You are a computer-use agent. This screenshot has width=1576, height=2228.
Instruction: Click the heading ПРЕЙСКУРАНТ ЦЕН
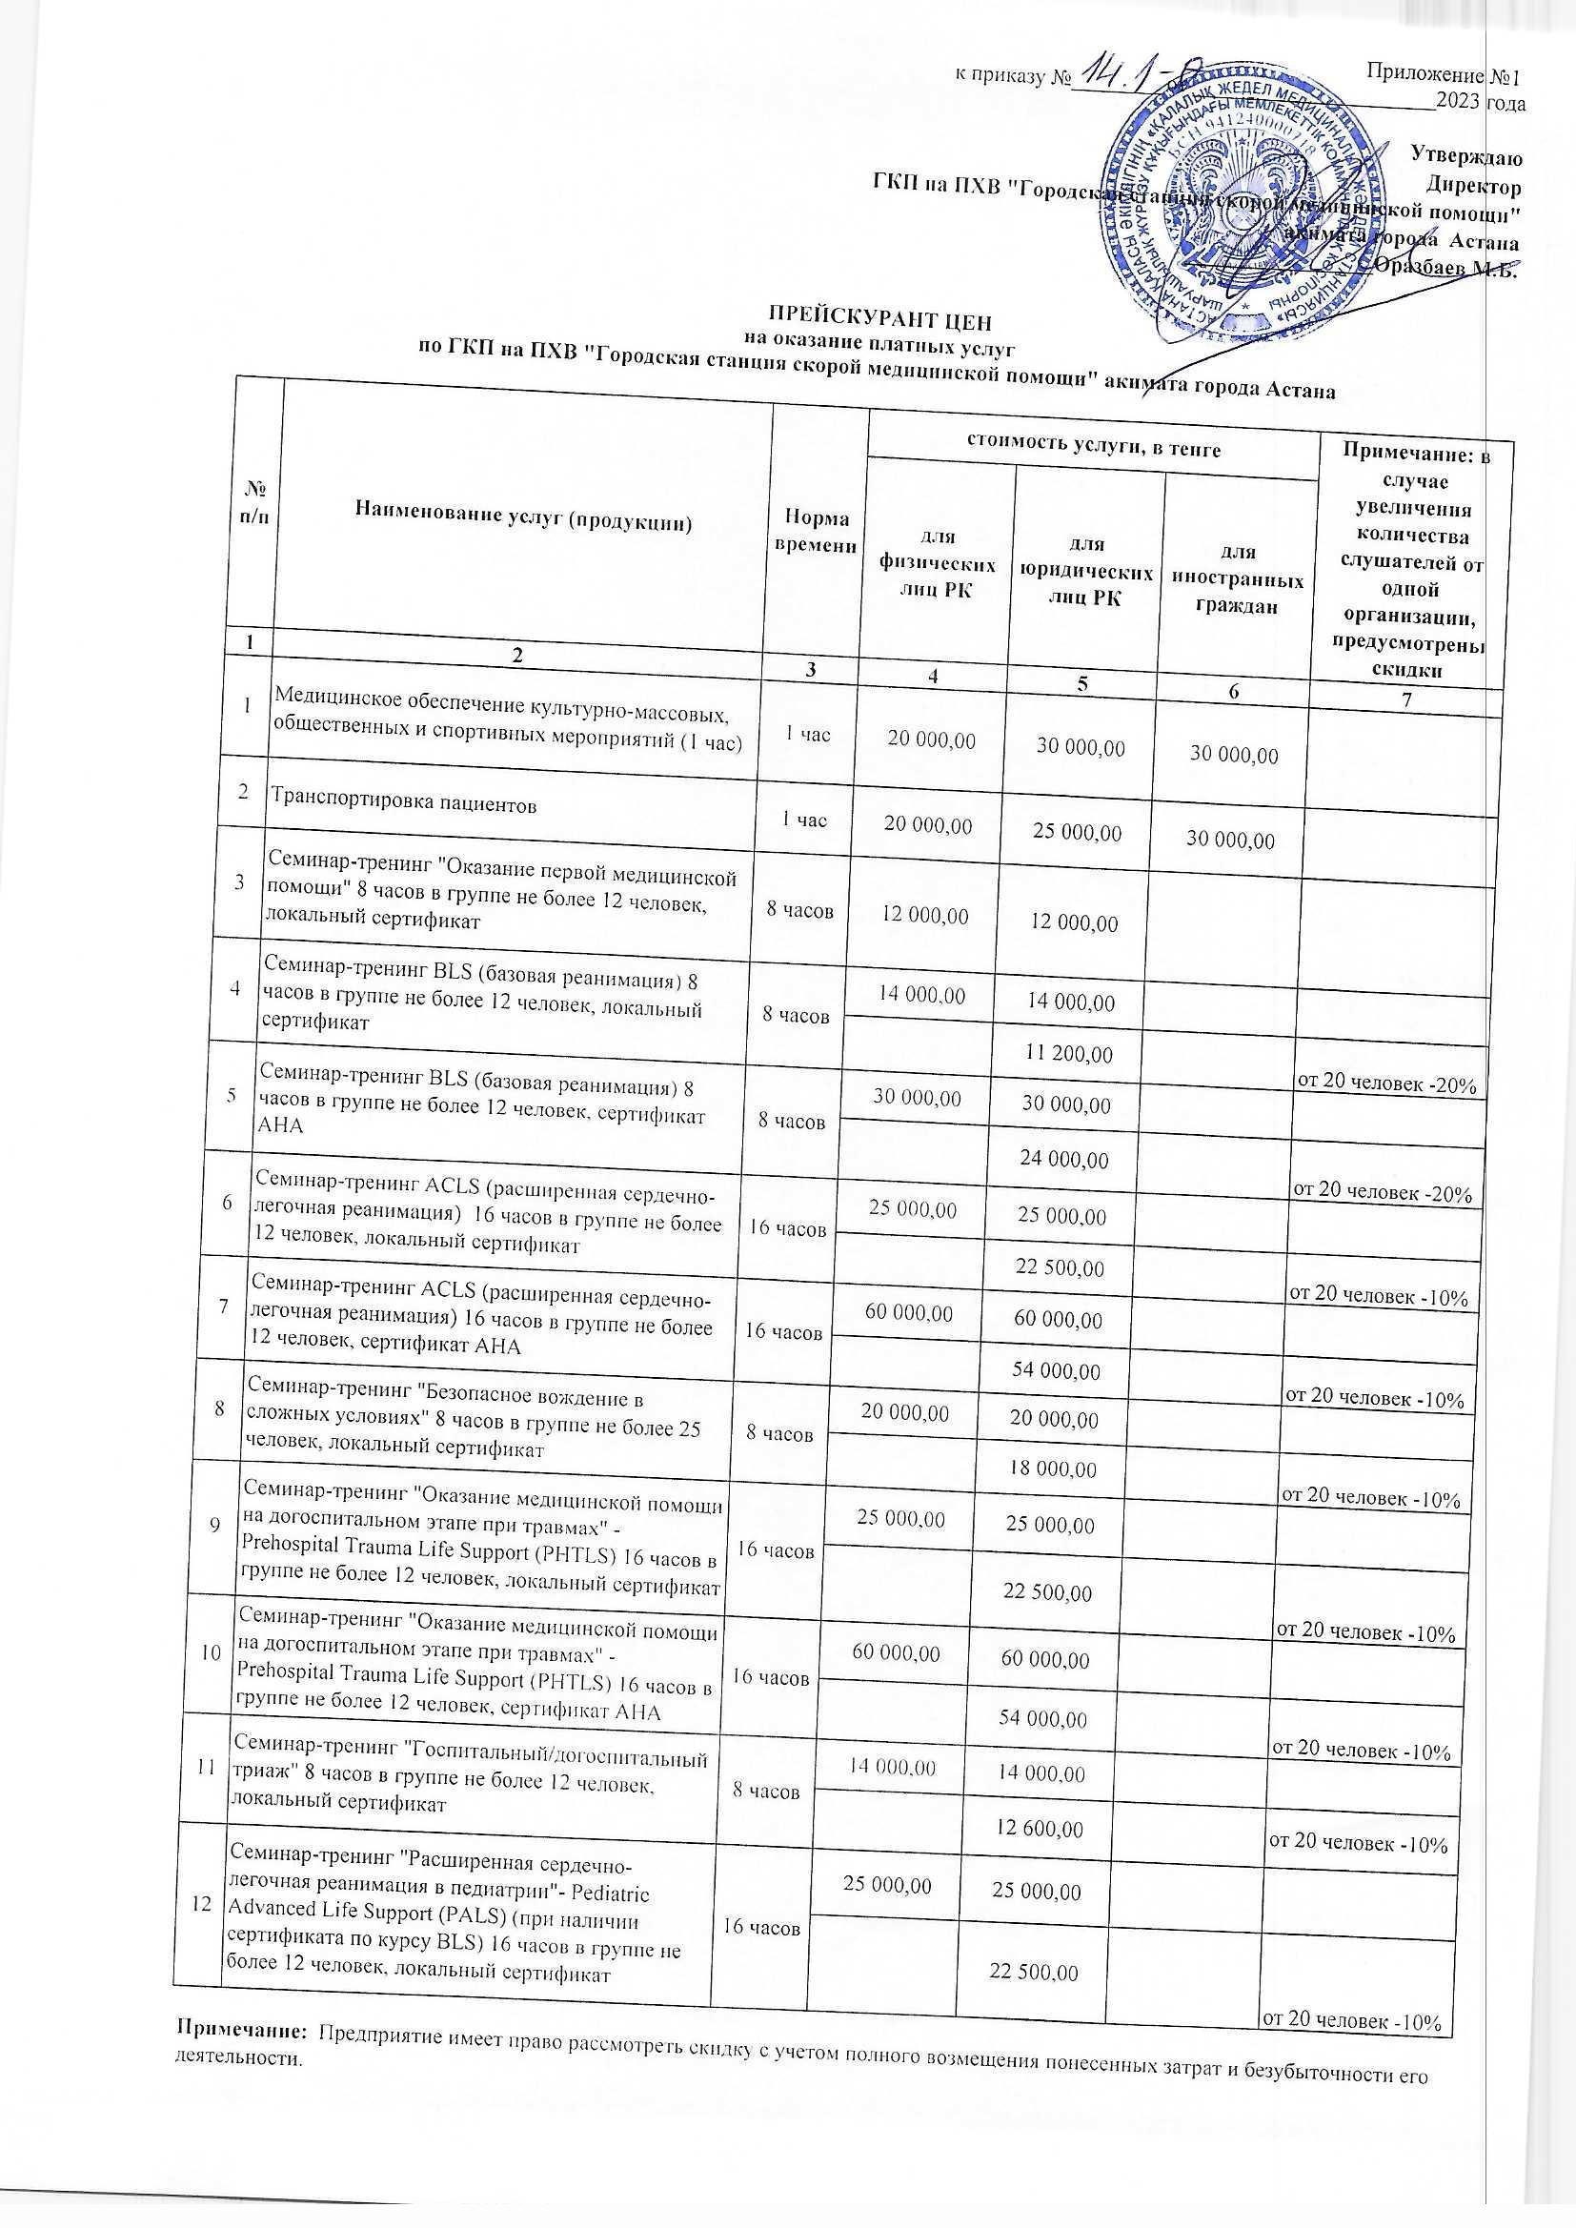pyautogui.click(x=881, y=318)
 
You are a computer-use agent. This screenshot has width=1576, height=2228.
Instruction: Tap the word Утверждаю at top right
pyautogui.click(x=1465, y=153)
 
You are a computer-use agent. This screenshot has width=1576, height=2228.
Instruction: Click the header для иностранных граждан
pyautogui.click(x=1238, y=578)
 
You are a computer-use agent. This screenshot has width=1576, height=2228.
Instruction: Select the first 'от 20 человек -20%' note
pyautogui.click(x=1384, y=1084)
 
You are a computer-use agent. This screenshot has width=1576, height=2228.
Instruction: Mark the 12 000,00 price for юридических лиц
pyautogui.click(x=1074, y=922)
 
